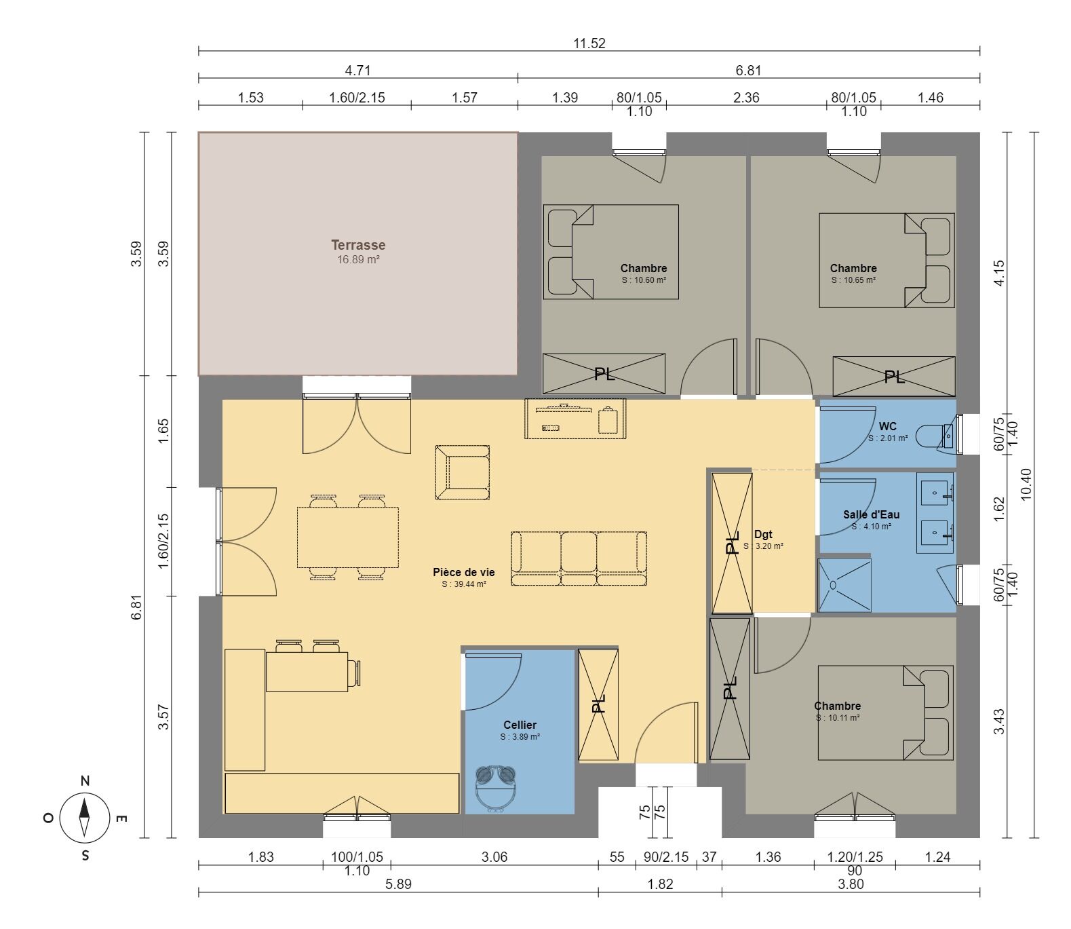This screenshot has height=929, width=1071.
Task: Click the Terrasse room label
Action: [x=358, y=245]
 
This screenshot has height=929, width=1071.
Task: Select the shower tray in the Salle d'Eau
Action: [x=844, y=585]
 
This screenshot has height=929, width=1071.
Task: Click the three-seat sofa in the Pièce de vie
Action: [x=579, y=558]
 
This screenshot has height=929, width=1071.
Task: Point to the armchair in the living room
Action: [x=462, y=472]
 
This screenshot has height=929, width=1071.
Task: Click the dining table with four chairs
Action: [x=348, y=537]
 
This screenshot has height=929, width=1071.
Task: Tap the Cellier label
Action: [x=520, y=725]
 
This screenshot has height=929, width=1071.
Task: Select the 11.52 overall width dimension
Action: [x=589, y=43]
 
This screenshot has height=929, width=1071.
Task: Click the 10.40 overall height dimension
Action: [x=1026, y=485]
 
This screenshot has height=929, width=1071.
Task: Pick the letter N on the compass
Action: [x=85, y=781]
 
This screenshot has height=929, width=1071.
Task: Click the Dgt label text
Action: [x=763, y=534]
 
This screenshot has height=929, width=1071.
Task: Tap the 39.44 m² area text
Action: [x=464, y=584]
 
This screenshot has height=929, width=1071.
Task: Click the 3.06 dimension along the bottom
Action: [x=494, y=857]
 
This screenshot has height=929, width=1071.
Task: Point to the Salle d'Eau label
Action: [x=871, y=514]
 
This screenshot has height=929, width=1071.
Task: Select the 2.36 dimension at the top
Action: [x=746, y=98]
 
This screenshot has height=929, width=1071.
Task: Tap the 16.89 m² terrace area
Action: [x=359, y=260]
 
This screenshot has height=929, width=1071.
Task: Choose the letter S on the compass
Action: [x=85, y=856]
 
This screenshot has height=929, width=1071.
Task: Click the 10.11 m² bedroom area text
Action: [x=838, y=718]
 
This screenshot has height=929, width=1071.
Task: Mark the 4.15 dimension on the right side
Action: [x=999, y=273]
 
